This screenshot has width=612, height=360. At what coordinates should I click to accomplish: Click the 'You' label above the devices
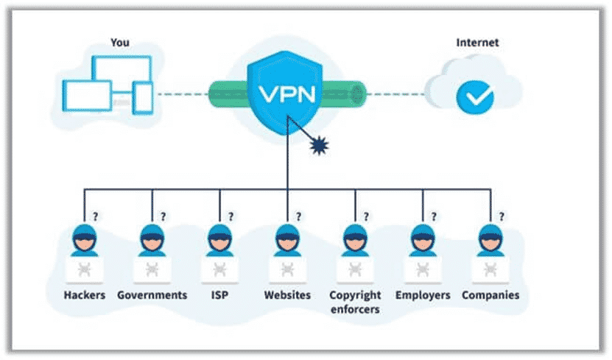pos(119,43)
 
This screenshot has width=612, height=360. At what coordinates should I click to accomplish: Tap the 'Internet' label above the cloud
pos(477,43)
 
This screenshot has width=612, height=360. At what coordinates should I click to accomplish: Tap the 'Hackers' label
pos(83,295)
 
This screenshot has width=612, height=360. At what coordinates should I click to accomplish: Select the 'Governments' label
pos(152,295)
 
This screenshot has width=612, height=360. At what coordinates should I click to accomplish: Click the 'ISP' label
pos(219,295)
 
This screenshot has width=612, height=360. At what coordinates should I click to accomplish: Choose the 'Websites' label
pos(287,295)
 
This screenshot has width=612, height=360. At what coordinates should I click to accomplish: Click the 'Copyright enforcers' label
pos(355,302)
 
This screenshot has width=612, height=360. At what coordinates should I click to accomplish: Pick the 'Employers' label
pos(423,295)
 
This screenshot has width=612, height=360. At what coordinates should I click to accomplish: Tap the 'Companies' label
pos(490,295)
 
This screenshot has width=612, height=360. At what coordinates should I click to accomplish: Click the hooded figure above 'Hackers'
pos(84,240)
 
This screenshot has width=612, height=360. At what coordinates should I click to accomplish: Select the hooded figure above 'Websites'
pos(287,240)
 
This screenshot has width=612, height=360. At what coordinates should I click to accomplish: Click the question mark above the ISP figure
pos(231,216)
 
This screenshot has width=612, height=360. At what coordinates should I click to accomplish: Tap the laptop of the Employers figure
pos(423,269)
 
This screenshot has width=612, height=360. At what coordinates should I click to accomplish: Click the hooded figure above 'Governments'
pos(152,240)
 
